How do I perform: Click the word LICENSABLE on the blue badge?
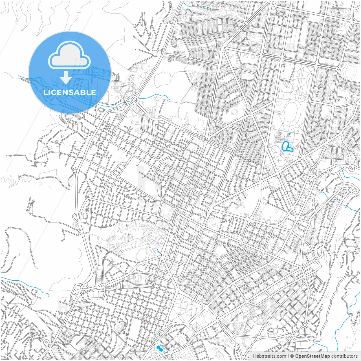pos(70,92)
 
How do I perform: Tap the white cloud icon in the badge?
pos(69,56)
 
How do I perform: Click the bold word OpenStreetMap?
pos(312,356)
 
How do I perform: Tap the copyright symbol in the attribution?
pos(292,356)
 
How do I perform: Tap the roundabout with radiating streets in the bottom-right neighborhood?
pos(305,325)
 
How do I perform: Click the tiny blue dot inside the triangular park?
pos(179,314)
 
